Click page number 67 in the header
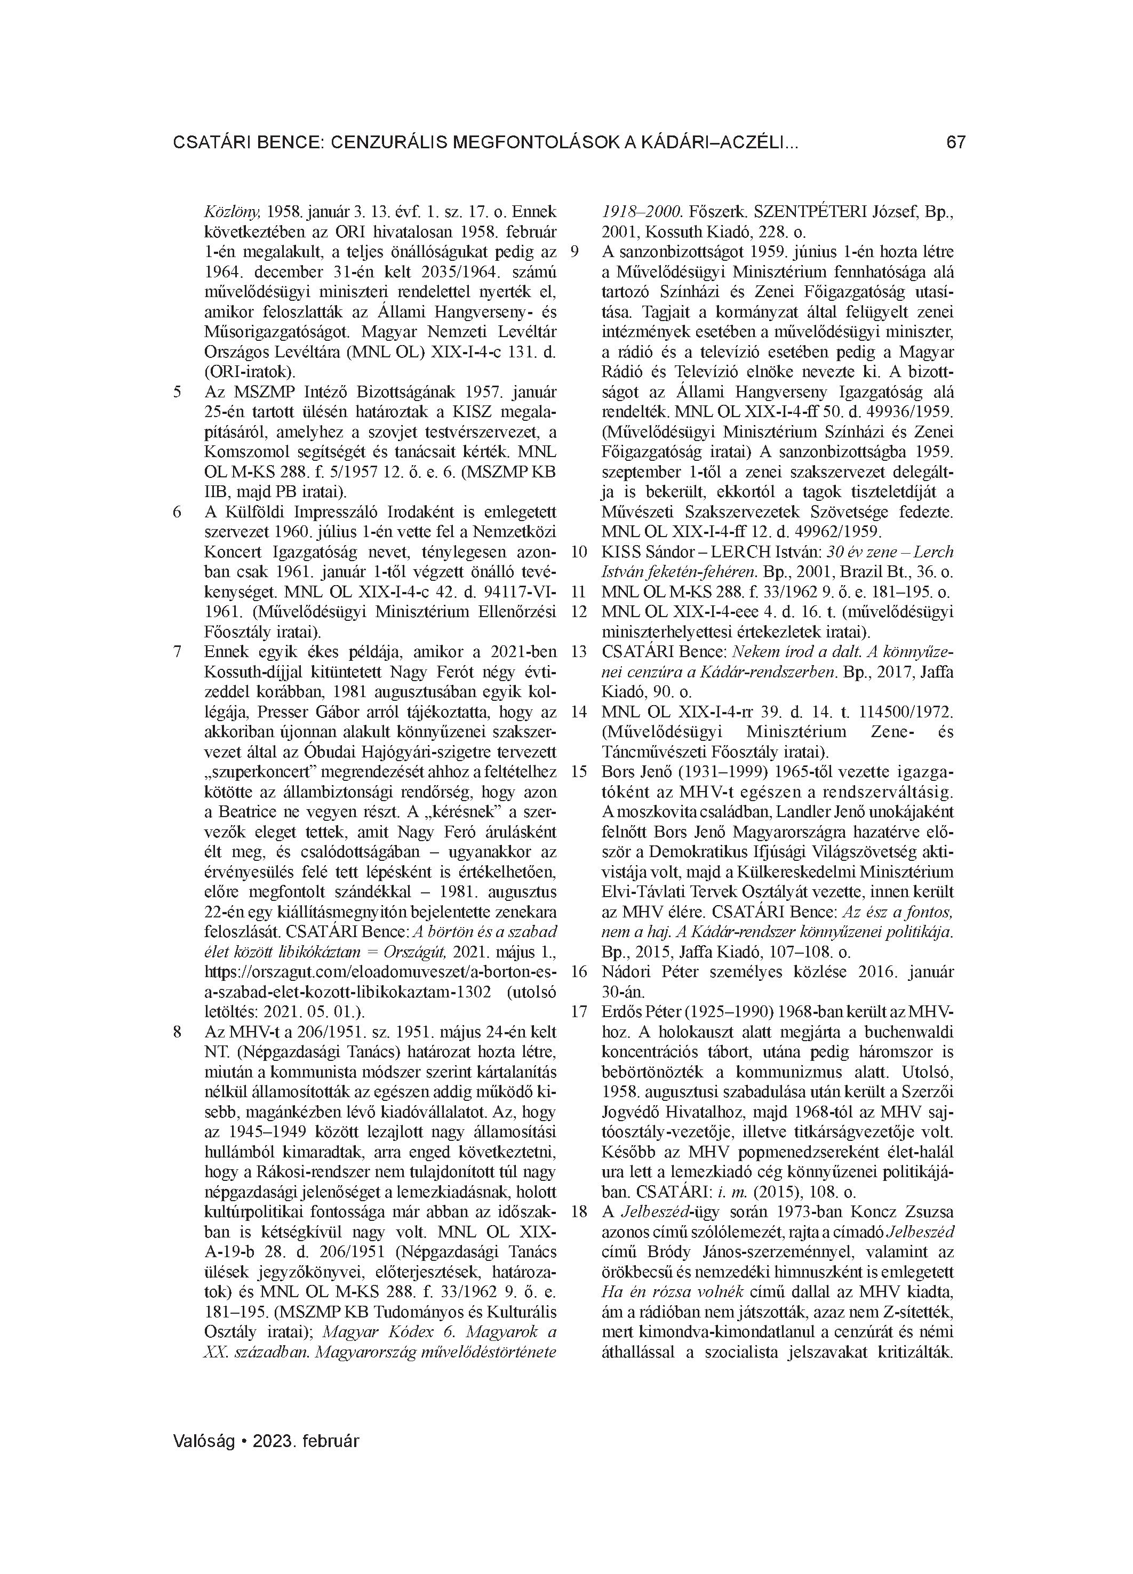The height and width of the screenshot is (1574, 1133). tap(955, 143)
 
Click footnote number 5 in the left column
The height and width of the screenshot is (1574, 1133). tap(177, 391)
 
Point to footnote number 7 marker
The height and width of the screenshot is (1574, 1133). tap(177, 652)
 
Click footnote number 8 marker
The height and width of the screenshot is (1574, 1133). tap(177, 1032)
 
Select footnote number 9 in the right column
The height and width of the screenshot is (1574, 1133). tap(574, 252)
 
